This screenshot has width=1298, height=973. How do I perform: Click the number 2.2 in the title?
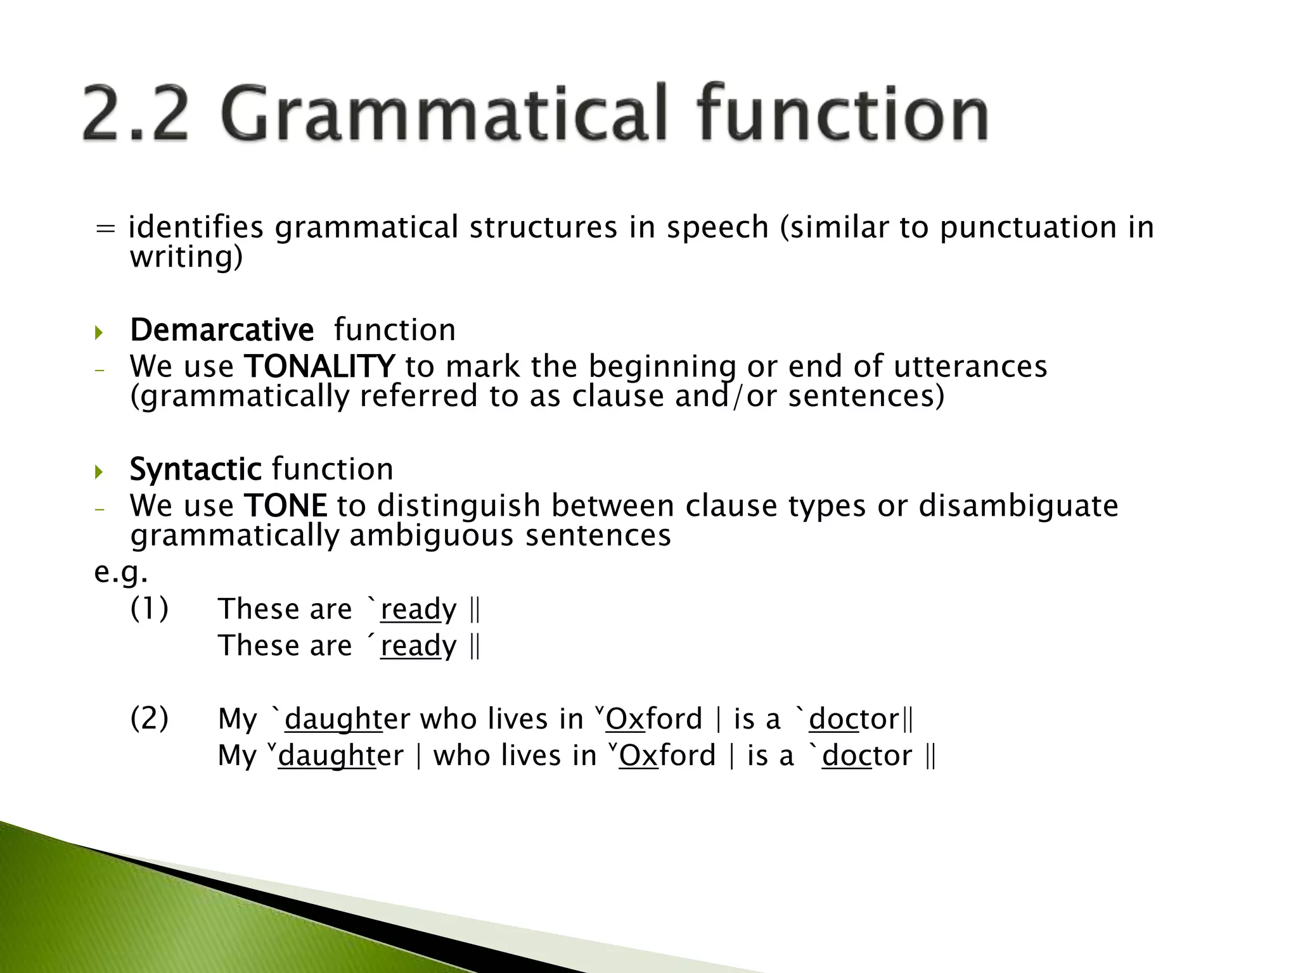point(135,114)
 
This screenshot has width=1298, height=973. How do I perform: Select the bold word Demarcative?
point(221,330)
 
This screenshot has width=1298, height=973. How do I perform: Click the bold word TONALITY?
point(319,367)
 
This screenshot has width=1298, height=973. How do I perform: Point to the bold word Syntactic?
point(195,469)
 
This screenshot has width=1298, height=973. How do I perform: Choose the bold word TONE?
point(285,506)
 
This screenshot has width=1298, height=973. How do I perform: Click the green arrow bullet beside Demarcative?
point(98,332)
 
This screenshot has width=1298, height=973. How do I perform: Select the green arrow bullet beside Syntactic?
point(98,471)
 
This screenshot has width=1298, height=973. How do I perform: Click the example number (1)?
point(150,609)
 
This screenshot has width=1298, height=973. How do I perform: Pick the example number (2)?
point(150,719)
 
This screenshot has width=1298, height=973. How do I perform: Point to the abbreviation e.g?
point(121,573)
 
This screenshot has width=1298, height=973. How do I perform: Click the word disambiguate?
point(1018,506)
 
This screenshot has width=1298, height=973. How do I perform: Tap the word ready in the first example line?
point(418,610)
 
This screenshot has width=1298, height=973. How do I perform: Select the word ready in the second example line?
point(418,647)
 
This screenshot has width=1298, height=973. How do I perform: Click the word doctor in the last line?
point(866,756)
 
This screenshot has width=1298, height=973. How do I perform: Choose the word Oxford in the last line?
point(667,756)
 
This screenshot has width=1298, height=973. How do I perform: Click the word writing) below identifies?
point(186,257)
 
